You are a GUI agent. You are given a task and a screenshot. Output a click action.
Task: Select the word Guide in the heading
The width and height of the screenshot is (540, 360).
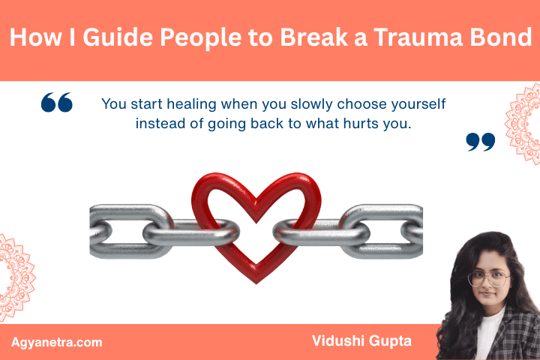106,39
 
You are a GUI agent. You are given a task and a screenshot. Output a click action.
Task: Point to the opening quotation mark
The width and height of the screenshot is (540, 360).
57,103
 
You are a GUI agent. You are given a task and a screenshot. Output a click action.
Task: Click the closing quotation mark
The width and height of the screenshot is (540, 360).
480,142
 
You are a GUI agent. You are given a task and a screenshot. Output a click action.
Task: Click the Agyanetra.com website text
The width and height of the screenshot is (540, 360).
57,342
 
